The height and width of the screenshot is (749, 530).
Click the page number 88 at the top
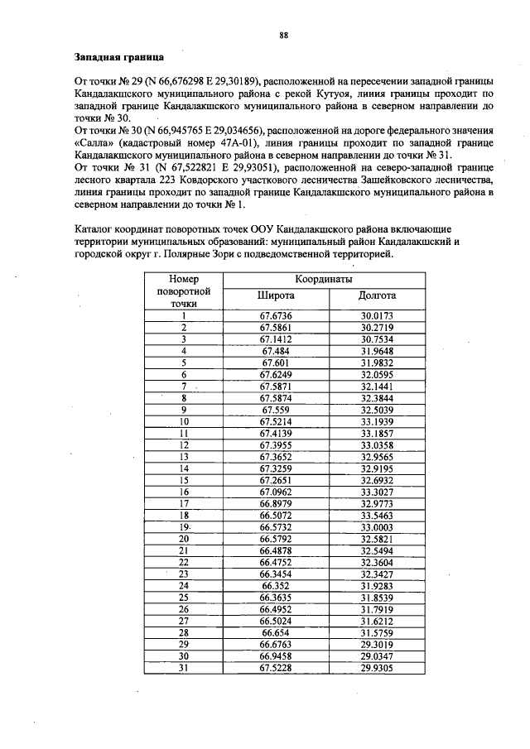tap(283, 35)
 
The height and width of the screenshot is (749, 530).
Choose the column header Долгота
tap(377, 295)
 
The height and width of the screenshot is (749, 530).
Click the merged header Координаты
tap(326, 280)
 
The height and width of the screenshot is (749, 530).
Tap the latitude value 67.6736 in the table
tap(276, 315)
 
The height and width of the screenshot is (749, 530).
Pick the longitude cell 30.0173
tap(377, 315)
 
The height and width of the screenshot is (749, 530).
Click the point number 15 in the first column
tap(184, 479)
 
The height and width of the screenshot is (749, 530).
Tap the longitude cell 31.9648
tap(377, 351)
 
